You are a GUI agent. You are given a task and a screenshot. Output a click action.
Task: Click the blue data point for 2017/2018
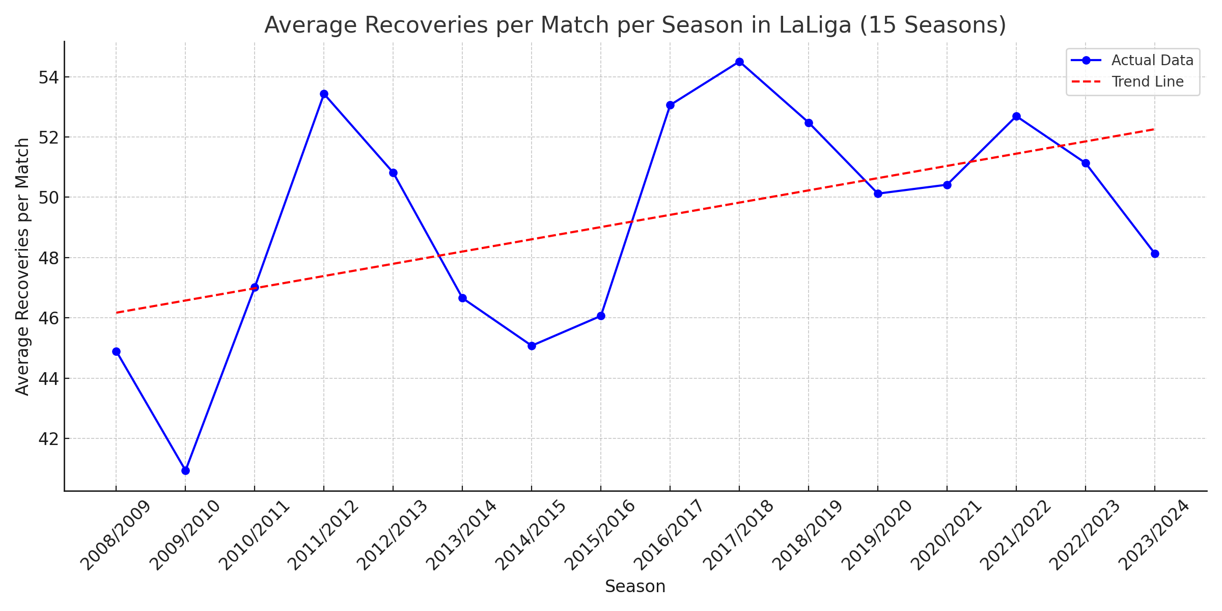[x=739, y=62]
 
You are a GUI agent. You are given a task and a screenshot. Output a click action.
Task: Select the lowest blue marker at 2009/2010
[x=185, y=470]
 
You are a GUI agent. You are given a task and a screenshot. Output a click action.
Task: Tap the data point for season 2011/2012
[x=324, y=94]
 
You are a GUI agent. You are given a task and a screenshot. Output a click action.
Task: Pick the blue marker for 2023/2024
[x=1155, y=254]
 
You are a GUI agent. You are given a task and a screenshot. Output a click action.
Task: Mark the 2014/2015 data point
[x=532, y=346]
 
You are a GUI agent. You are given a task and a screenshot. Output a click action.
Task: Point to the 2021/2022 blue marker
[x=1016, y=117]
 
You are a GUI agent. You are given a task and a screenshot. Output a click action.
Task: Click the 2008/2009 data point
[x=116, y=351]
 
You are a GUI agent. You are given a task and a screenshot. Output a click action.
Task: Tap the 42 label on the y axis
[x=48, y=439]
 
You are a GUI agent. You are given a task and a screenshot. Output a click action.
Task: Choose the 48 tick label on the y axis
[x=48, y=258]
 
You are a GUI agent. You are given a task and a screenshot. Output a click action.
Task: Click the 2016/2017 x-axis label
[x=669, y=535]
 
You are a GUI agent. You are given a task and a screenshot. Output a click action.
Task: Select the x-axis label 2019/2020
[x=876, y=535]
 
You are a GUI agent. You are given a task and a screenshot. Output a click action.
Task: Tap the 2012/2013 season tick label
[x=392, y=535]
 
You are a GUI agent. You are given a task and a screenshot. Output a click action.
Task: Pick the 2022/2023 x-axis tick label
[x=1084, y=535]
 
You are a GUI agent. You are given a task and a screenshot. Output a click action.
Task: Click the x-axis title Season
[x=635, y=587]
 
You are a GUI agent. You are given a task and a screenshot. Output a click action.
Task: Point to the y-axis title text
[x=22, y=266]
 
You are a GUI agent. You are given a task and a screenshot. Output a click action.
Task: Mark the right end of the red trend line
[x=1154, y=129]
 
